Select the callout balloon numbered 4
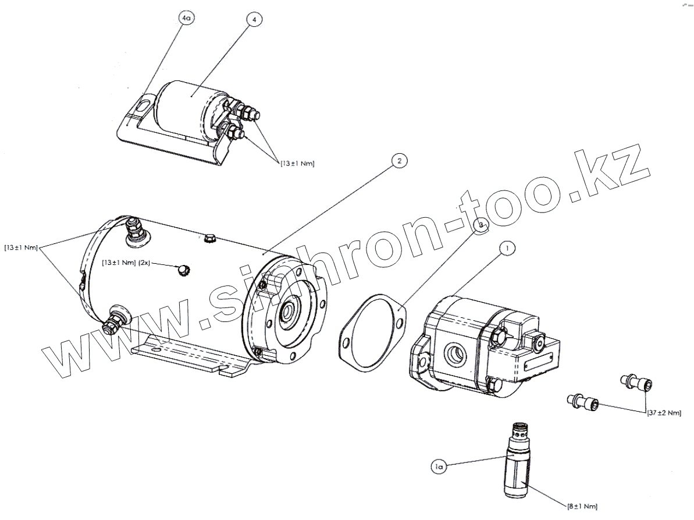(254, 19)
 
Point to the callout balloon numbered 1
(507, 249)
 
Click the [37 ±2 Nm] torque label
(664, 413)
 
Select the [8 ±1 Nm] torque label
(582, 506)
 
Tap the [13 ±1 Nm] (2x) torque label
(126, 263)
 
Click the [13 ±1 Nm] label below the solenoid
(297, 164)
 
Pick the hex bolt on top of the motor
(211, 239)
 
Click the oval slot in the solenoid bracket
(142, 107)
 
